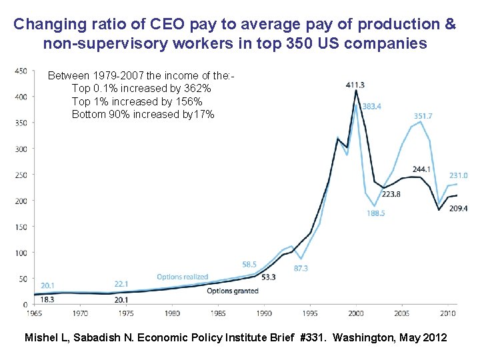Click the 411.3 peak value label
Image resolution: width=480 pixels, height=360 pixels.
point(355,85)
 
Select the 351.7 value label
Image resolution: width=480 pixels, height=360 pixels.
point(423,115)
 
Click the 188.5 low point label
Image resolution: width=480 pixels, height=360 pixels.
point(375,213)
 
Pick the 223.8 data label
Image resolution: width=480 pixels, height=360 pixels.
point(391,194)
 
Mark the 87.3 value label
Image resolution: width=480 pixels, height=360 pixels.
point(301,268)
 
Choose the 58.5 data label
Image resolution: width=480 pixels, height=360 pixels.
point(250,264)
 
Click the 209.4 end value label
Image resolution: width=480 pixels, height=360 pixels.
point(458,209)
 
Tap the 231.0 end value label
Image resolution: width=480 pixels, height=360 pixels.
point(458,175)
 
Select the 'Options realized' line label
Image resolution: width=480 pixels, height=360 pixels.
point(182,277)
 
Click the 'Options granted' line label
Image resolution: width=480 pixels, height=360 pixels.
point(233,291)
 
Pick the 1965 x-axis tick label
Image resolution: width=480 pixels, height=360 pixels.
point(34,313)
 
